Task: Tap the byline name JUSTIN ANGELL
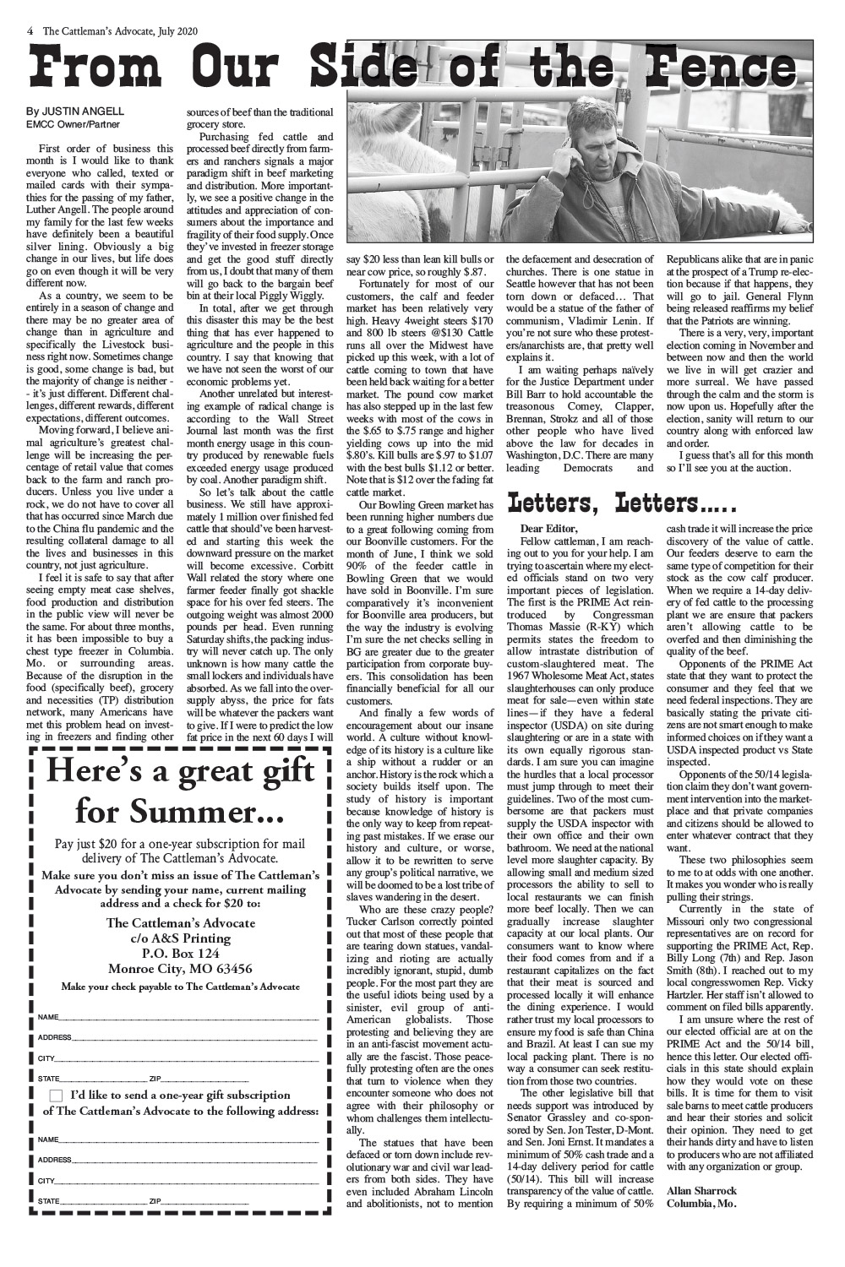(83, 111)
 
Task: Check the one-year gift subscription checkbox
(56, 1096)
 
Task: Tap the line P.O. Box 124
(180, 953)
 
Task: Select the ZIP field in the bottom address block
(203, 1201)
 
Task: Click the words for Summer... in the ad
(179, 813)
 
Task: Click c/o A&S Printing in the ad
(180, 938)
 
